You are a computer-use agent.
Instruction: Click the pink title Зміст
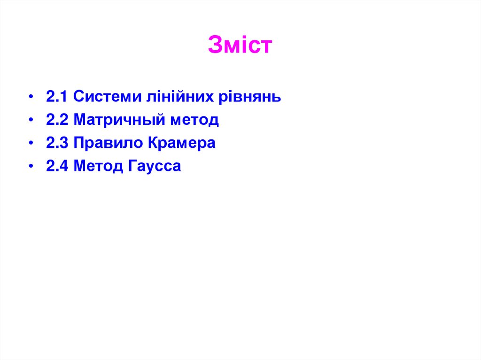[x=240, y=45]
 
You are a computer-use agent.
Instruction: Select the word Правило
[x=108, y=143]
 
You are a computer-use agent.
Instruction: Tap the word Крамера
[x=182, y=143]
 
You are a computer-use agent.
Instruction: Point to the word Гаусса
[x=154, y=166]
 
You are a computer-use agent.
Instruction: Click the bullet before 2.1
[x=31, y=98]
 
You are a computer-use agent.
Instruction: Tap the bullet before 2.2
[x=31, y=121]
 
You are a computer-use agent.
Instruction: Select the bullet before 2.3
[x=31, y=144]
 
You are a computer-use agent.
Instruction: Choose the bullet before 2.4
[x=31, y=167]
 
